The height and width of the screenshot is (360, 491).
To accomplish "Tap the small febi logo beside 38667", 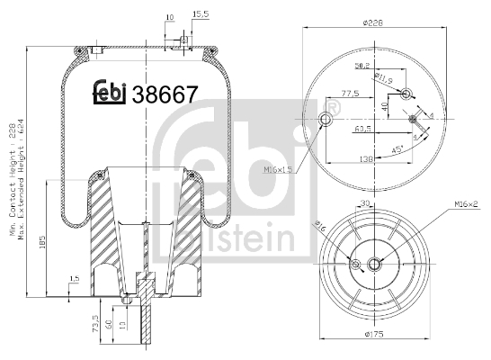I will (x=111, y=92).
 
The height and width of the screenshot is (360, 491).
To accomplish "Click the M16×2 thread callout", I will (x=466, y=205).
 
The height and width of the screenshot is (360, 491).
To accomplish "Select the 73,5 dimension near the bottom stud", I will (x=97, y=322).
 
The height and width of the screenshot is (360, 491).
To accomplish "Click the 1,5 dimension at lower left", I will (x=75, y=279).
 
